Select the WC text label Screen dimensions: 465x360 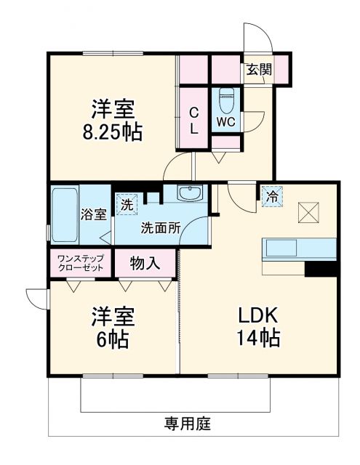pyautogui.click(x=225, y=121)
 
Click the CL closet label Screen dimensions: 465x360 pyautogui.click(x=194, y=121)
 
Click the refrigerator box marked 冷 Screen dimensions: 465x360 pyautogui.click(x=271, y=195)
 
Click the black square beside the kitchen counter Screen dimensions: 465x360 pyautogui.click(x=321, y=268)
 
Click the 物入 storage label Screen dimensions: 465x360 pyautogui.click(x=144, y=262)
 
